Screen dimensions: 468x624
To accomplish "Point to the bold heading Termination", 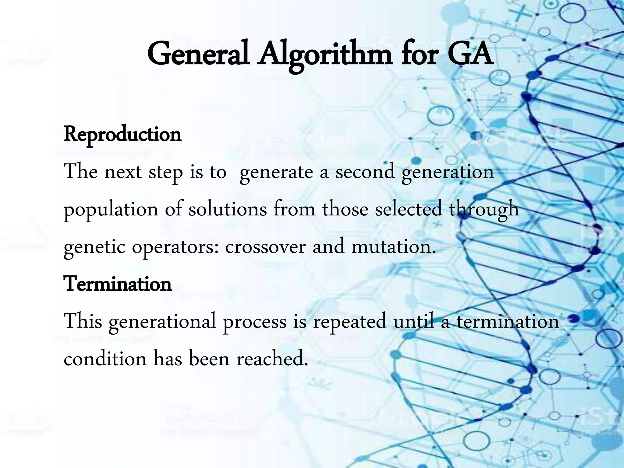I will tap(118, 284).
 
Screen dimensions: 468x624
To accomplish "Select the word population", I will tap(111, 210).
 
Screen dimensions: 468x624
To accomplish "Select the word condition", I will tap(105, 359).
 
